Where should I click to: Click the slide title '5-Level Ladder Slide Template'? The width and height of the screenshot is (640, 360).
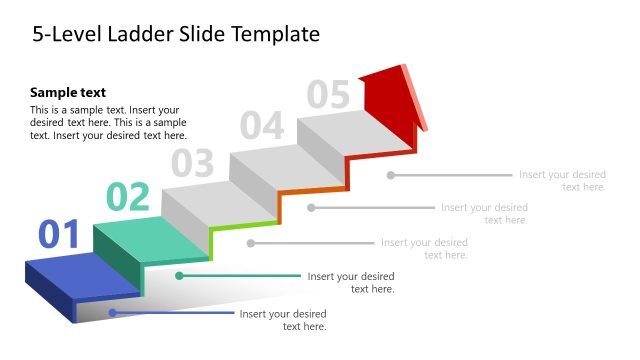(176, 35)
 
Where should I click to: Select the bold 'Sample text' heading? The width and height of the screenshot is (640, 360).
(68, 92)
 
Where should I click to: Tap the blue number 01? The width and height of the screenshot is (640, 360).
(59, 235)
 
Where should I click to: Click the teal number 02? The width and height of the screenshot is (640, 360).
(128, 198)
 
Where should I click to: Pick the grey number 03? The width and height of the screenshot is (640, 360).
(193, 162)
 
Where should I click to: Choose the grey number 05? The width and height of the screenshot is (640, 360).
(328, 95)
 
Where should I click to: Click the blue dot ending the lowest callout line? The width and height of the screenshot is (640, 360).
(112, 313)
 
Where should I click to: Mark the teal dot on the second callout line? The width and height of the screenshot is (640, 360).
(179, 275)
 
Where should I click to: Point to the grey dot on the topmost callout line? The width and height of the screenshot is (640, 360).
(391, 175)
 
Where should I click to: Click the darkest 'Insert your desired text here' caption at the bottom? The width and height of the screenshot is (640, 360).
(283, 320)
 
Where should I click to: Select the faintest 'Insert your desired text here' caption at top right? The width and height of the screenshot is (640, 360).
(562, 181)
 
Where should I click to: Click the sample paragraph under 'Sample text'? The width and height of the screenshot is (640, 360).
(108, 122)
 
